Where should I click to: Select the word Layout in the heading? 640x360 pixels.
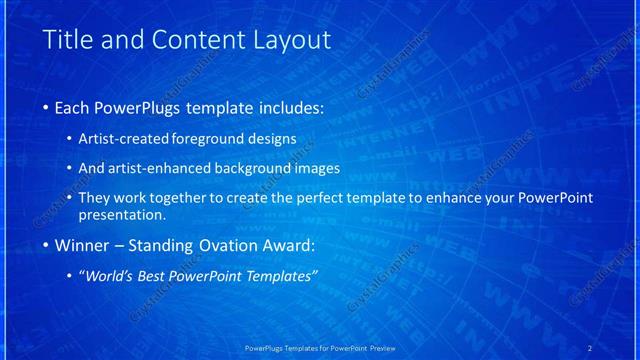(291, 40)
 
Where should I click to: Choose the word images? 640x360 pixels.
(316, 168)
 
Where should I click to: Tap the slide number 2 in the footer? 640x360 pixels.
(590, 348)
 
